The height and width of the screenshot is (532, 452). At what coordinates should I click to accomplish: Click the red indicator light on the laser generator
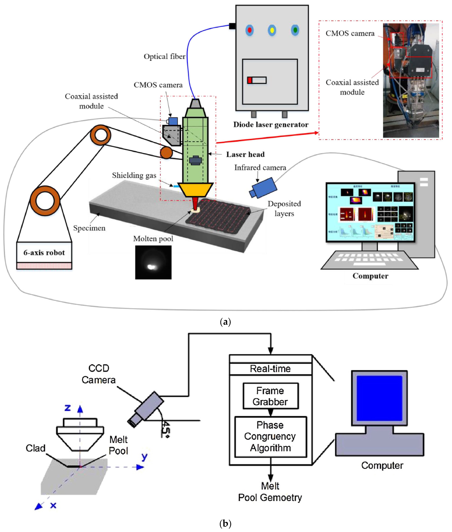pos(249,30)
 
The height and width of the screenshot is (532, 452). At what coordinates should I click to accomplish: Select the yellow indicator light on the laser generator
pos(272,30)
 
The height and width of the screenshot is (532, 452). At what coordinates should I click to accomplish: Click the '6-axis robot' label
pos(44,253)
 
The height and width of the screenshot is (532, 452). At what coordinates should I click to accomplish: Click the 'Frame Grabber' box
pos(270,396)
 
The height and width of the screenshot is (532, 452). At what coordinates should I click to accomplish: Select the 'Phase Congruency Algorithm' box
pos(270,436)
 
